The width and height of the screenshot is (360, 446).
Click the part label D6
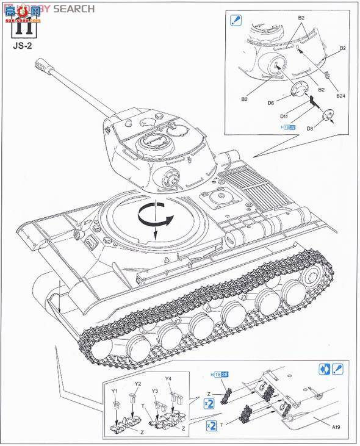270,103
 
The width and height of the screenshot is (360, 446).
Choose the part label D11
284,115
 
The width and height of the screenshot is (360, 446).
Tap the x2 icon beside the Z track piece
209,403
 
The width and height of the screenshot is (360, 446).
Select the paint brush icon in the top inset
236,20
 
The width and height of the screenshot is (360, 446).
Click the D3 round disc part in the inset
326,113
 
